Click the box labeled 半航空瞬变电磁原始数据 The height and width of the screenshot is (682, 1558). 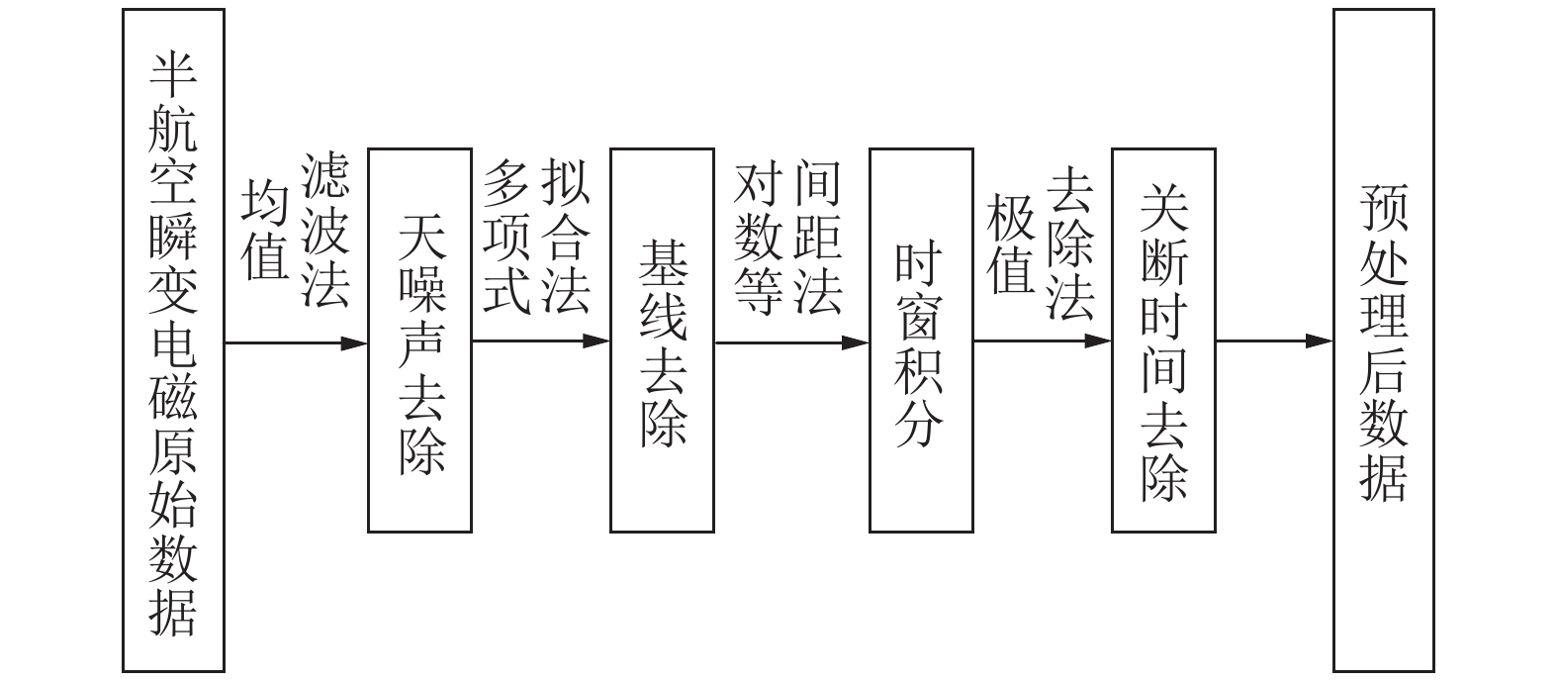(x=173, y=341)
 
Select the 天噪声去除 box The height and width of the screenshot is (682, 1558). (x=419, y=341)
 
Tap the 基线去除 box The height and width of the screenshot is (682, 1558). (x=662, y=341)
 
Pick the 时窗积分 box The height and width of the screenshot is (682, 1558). (x=921, y=341)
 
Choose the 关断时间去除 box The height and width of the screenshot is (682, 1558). (x=1163, y=341)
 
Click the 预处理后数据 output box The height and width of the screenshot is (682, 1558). (x=1383, y=341)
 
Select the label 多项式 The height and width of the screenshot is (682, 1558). (x=507, y=239)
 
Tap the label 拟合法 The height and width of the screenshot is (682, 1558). (x=566, y=239)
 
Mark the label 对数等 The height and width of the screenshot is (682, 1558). (x=760, y=239)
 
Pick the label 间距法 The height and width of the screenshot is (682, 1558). (x=818, y=239)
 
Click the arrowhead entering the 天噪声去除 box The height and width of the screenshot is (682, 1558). (x=356, y=343)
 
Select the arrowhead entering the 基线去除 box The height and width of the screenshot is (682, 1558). (x=597, y=341)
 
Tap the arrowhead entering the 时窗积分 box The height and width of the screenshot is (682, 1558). (x=857, y=343)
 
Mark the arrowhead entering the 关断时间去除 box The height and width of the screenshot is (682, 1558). (x=1099, y=341)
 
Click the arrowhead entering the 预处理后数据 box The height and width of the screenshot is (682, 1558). (x=1321, y=341)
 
